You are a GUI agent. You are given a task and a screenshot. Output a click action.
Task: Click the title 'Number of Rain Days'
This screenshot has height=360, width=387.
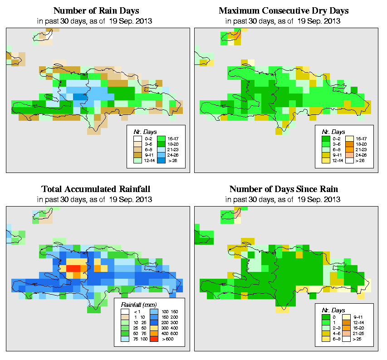tap(96, 10)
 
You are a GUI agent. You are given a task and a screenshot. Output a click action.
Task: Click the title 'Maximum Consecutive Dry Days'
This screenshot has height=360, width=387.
tap(284, 10)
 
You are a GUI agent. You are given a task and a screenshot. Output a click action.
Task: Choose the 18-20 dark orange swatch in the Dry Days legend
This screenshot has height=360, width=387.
tap(351, 143)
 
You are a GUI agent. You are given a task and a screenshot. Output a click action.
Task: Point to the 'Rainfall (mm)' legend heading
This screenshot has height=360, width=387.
tap(138, 304)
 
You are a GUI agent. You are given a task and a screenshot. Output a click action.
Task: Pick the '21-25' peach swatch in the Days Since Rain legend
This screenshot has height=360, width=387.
tap(351, 334)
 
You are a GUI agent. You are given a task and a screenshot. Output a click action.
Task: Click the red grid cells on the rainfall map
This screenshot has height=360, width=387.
tap(73, 268)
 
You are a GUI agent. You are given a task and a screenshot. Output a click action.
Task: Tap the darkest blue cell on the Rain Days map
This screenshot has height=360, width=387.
tap(80, 97)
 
